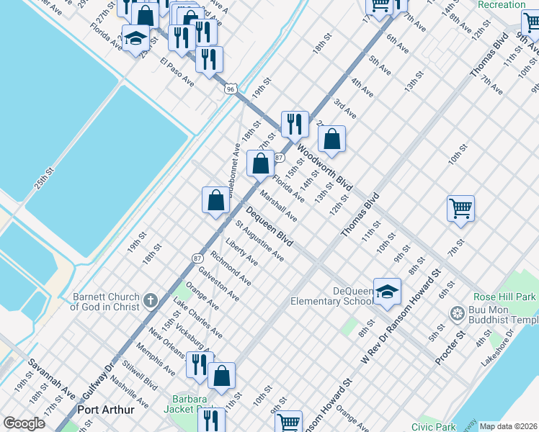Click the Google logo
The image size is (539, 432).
click(24, 423)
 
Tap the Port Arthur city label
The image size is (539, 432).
click(106, 410)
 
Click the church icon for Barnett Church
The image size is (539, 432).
click(150, 300)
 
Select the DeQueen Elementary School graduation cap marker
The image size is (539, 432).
click(387, 291)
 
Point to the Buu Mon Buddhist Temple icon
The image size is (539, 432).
click(457, 314)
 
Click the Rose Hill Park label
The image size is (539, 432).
click(504, 297)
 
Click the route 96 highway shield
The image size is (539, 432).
click(230, 89)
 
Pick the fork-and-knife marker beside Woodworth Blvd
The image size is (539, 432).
click(295, 124)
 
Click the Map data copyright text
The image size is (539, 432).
click(508, 426)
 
